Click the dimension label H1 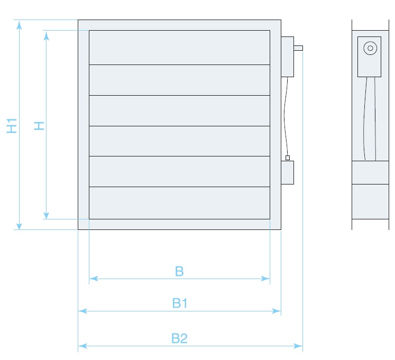pos(12,125)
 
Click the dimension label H pos(39,125)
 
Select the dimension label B pos(179,271)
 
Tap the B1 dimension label pos(180,303)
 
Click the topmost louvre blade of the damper pos(179,48)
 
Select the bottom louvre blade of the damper pos(179,203)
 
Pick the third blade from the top pos(179,110)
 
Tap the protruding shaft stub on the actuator pos(298,49)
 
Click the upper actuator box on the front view pos(287,57)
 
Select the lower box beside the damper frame pos(287,173)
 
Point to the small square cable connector pos(287,158)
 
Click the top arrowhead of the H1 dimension pos(20,24)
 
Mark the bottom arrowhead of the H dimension pos(47,215)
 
